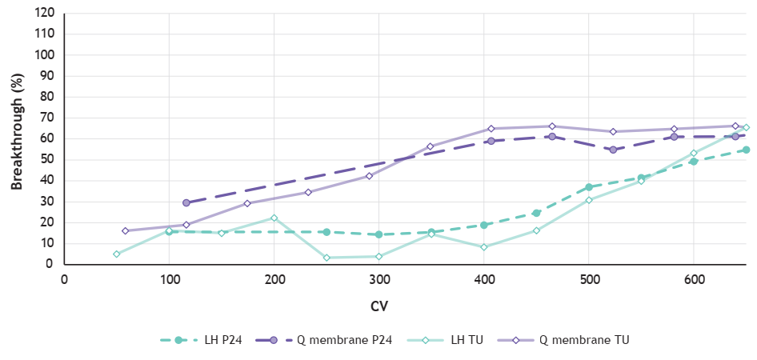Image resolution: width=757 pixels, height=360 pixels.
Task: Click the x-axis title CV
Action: pos(378,306)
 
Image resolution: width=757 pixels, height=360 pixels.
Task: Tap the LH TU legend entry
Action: pos(453,340)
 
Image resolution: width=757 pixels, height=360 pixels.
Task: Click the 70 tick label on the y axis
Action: pos(47,118)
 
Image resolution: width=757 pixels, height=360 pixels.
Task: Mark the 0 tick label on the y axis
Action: pos(50,264)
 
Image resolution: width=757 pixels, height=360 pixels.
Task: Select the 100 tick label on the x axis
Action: pos(169,279)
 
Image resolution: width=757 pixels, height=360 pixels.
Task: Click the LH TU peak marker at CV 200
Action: pos(274,218)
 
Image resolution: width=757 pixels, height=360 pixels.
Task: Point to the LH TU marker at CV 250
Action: pos(326,258)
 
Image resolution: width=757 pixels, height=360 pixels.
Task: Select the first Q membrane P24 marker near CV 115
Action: pos(186,203)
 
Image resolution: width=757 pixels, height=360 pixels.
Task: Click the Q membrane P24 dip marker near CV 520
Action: pos(613,150)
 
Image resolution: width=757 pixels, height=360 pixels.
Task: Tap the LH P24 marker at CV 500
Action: pos(589,187)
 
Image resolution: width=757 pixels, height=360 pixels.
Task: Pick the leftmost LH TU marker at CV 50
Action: pos(117,254)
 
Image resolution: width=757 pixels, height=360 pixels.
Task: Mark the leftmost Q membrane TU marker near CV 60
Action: pos(126,230)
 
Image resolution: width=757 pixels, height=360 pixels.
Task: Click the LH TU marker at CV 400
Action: pos(484,247)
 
